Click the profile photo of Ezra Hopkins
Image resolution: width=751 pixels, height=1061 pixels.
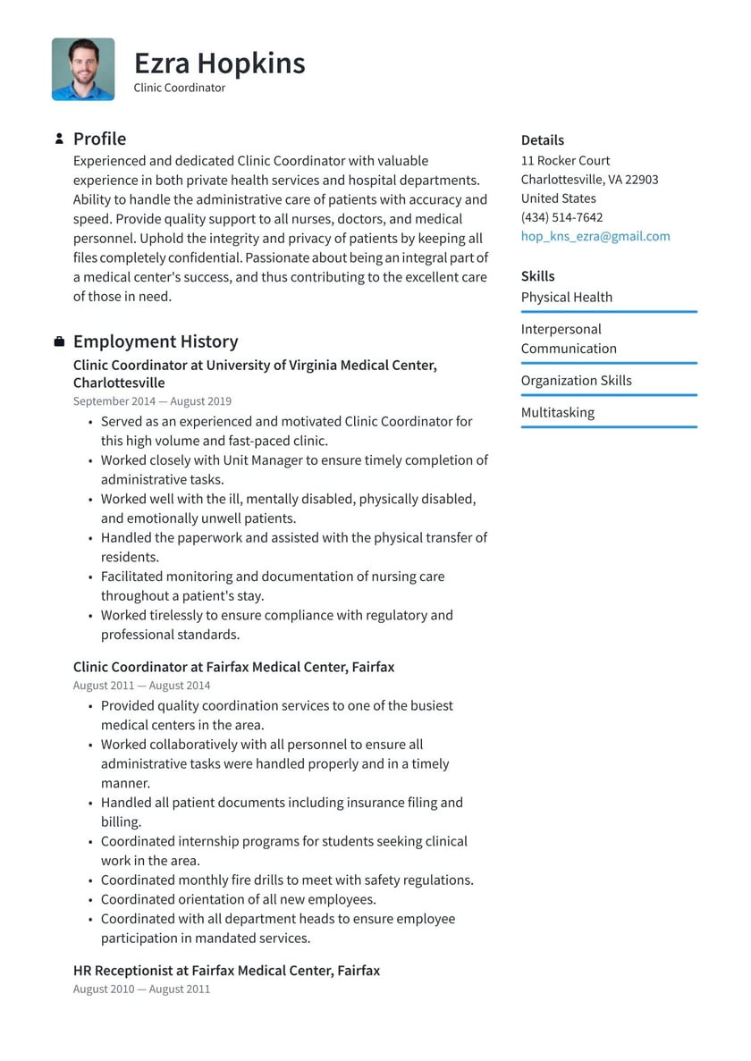(83, 69)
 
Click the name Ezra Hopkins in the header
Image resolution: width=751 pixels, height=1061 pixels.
(219, 63)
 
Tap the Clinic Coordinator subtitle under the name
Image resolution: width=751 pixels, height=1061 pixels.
(179, 88)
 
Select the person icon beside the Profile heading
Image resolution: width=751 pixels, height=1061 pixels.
(59, 139)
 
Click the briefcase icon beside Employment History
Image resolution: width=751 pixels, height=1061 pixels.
(59, 341)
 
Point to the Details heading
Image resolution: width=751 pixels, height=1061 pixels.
(543, 140)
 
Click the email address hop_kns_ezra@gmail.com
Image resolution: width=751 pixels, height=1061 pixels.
(595, 236)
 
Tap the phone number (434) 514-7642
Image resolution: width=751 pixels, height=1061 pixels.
(561, 217)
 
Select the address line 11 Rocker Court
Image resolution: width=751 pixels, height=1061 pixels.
(565, 161)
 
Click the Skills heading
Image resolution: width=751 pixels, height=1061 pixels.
(537, 276)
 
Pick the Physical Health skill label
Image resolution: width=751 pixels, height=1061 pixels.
(567, 297)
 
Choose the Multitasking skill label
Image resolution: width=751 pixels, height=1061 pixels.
(557, 412)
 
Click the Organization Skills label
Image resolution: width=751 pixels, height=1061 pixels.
(576, 380)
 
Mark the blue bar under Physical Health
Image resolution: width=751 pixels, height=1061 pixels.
(608, 312)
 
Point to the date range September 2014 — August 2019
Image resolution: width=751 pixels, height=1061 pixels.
(152, 401)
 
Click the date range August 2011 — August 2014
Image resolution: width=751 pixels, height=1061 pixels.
(141, 686)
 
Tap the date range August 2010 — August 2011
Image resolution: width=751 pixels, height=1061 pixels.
(141, 989)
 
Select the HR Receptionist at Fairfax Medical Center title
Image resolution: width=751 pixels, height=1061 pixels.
(226, 970)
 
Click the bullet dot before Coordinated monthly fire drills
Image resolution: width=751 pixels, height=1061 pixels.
(91, 880)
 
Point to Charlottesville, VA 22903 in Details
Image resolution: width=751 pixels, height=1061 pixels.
(589, 180)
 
